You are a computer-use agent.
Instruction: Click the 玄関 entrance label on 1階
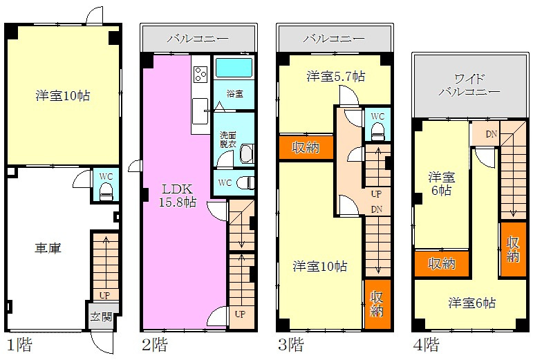(101, 317)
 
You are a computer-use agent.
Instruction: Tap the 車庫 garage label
(48, 247)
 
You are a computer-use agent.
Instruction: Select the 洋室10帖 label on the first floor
(63, 96)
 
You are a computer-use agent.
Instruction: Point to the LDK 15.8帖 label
(178, 196)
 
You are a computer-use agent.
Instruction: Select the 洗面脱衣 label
(227, 139)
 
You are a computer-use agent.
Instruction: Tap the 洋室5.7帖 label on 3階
(336, 76)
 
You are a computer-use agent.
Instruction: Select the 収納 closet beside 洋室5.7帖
(305, 147)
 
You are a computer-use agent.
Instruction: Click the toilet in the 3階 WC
(377, 131)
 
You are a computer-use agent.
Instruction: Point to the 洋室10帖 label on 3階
(319, 266)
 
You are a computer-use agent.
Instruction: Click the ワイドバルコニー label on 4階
(469, 84)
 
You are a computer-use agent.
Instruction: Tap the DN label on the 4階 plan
(491, 133)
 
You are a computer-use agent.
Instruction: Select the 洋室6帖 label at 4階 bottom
(472, 303)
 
